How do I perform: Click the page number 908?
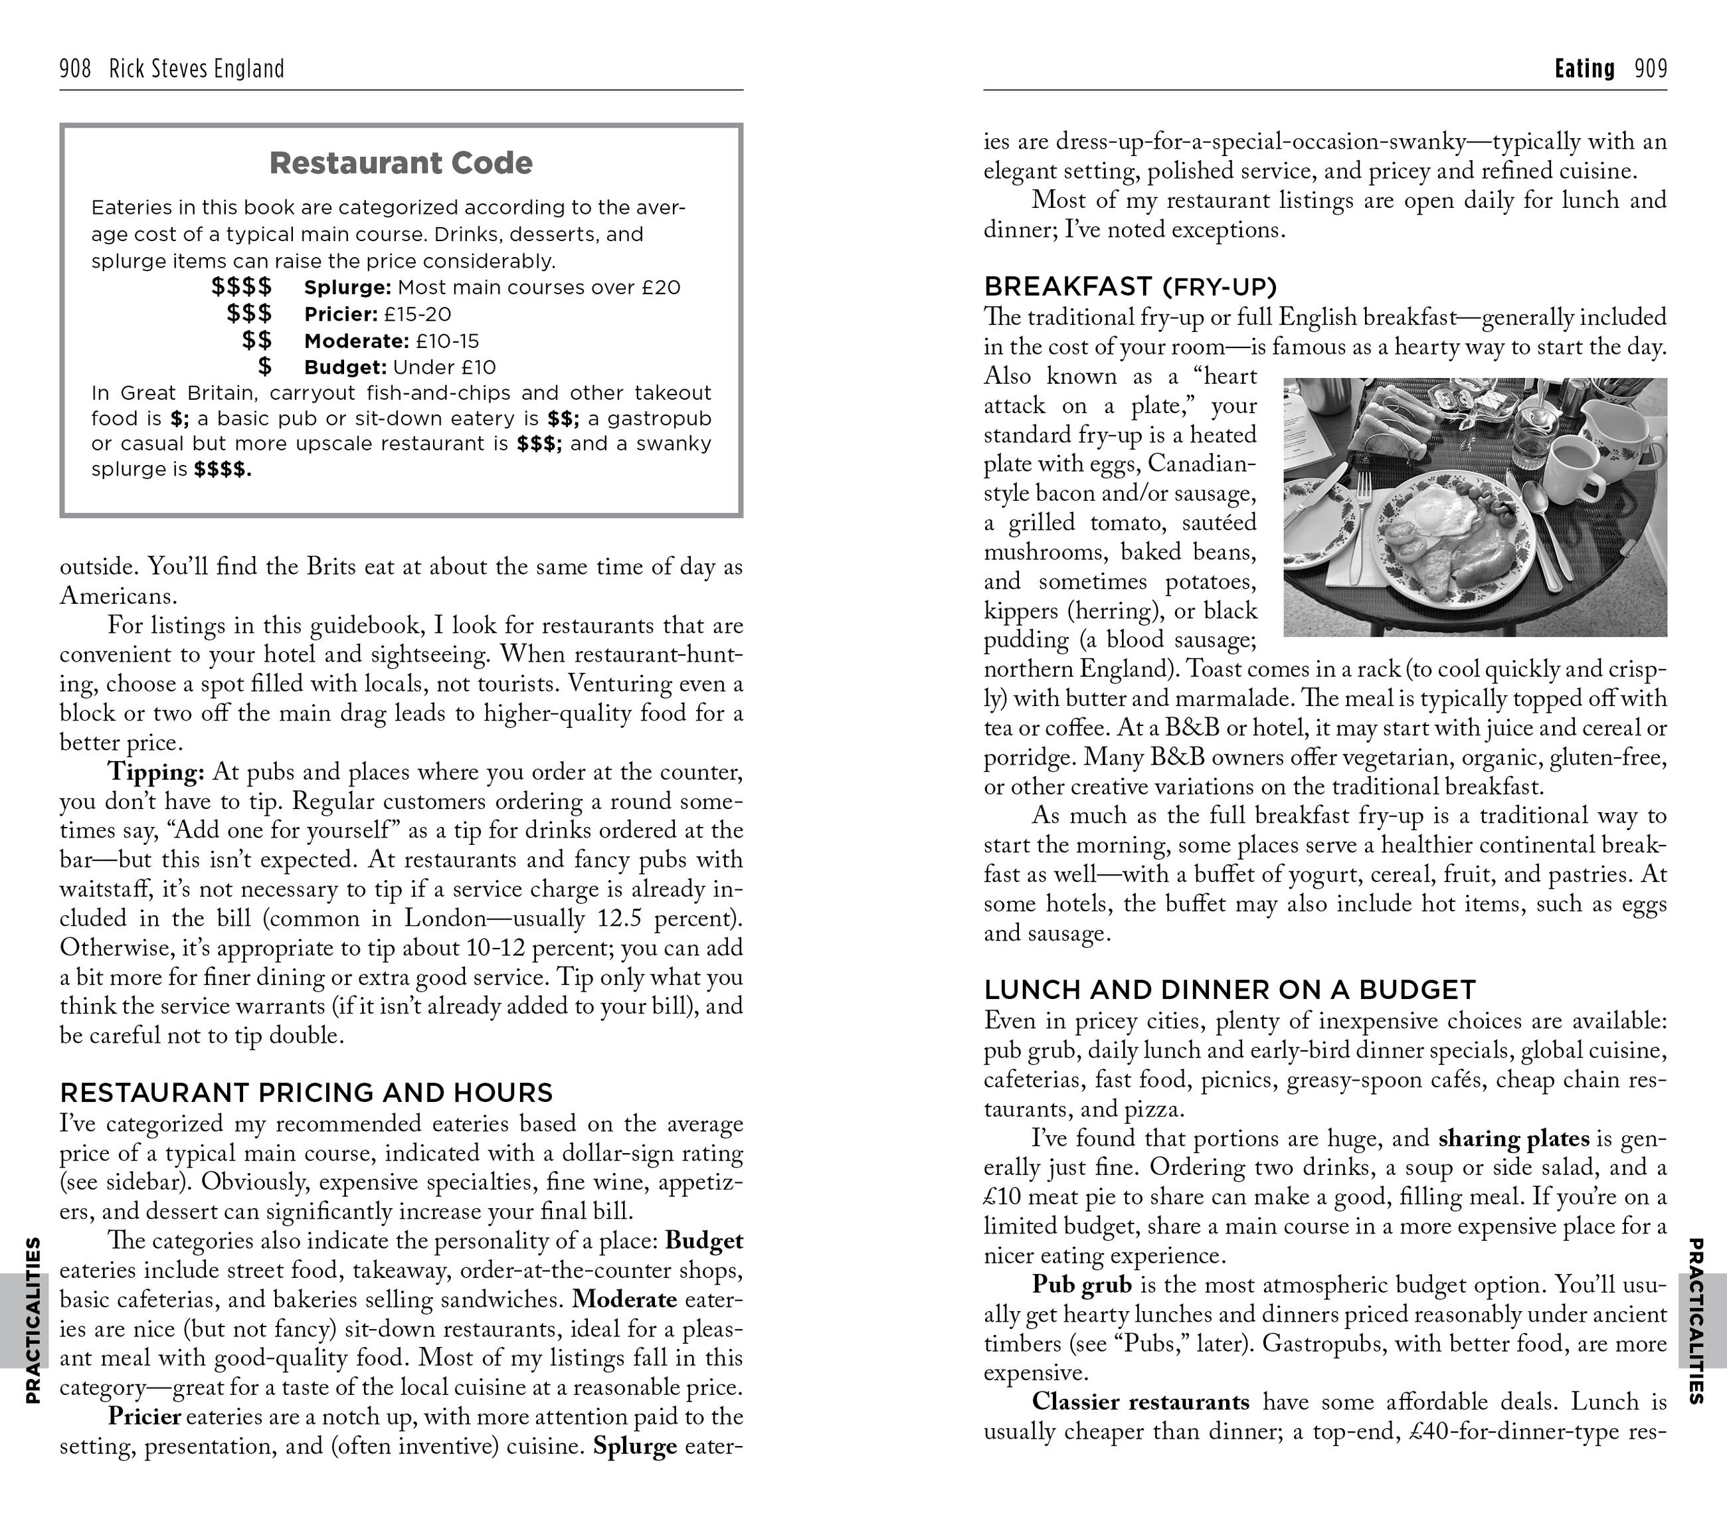[x=75, y=68]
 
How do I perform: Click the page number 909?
[x=1650, y=68]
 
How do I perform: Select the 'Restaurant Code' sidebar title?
[x=401, y=163]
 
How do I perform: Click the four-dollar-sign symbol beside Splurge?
[x=242, y=287]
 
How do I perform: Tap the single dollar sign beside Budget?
[x=264, y=367]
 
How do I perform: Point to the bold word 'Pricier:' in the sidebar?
[x=341, y=314]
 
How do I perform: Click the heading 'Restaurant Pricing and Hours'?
[x=306, y=1093]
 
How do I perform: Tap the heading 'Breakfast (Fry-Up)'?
[x=1131, y=286]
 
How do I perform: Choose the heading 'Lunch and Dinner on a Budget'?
[x=1229, y=989]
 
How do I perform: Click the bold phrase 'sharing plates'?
[x=1513, y=1138]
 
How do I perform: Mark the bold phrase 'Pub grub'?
[x=1081, y=1285]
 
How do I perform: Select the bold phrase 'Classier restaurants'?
[x=1140, y=1401]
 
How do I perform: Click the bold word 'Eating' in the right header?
[x=1584, y=68]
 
